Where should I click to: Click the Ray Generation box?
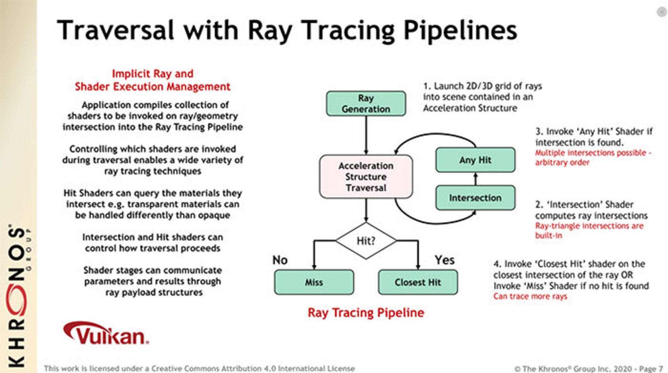point(366,103)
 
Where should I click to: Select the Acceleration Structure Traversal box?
point(366,176)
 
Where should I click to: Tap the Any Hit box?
point(475,160)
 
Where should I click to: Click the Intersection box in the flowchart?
point(475,198)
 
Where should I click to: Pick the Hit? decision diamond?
point(366,240)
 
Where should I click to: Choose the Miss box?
point(314,282)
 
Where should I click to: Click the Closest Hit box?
point(417,282)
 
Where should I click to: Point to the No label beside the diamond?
point(280,260)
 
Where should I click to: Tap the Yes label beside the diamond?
point(444,260)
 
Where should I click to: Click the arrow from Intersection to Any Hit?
point(475,179)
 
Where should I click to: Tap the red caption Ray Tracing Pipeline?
point(366,312)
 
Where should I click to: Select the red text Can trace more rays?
point(530,296)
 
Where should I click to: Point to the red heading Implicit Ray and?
point(152,74)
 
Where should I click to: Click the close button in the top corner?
point(661,12)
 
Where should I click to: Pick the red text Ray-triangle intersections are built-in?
point(589,230)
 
